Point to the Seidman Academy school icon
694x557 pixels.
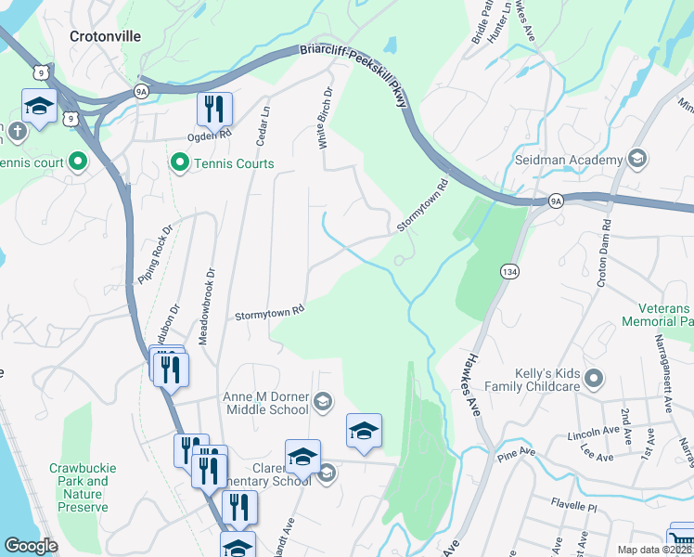(637, 160)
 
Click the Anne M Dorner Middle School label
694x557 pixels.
(265, 402)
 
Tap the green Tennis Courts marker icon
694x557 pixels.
(177, 163)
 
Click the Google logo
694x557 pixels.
(31, 546)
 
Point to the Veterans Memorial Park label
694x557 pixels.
(664, 315)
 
